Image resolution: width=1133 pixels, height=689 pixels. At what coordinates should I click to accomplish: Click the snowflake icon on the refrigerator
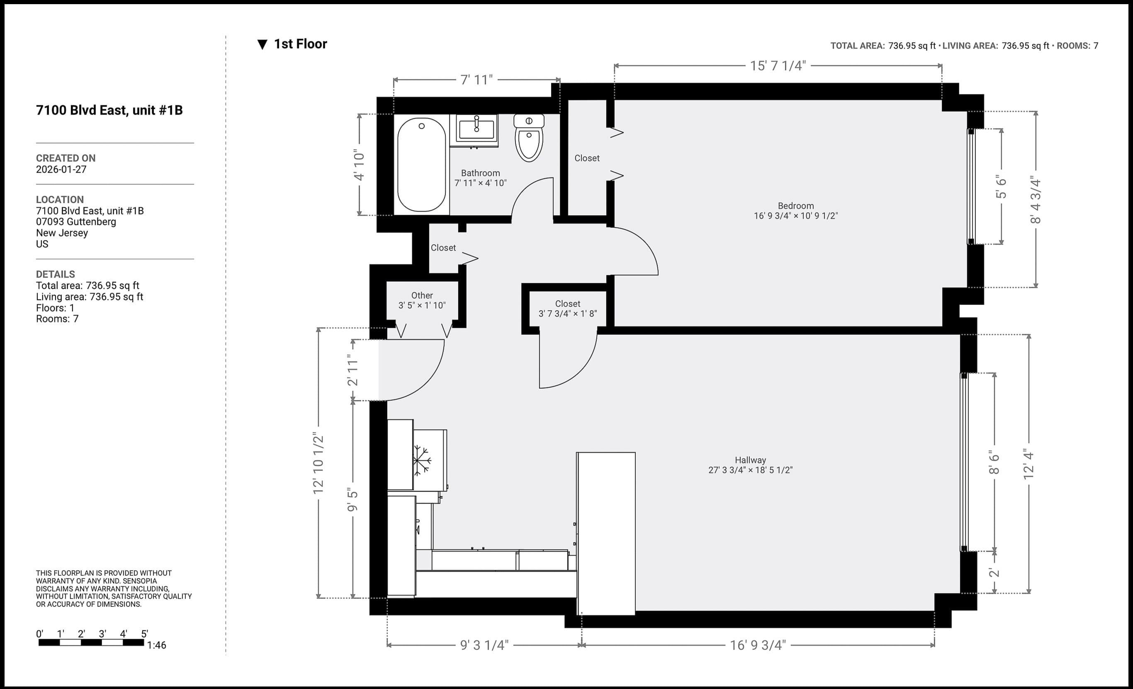click(x=421, y=460)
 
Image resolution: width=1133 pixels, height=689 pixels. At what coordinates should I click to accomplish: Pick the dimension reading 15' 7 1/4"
click(x=778, y=66)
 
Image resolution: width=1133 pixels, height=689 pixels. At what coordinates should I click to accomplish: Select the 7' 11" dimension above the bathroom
click(x=477, y=80)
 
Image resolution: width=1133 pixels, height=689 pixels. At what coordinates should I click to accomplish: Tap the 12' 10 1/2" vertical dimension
click(x=318, y=463)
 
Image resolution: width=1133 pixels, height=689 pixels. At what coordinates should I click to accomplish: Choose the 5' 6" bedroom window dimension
click(x=1001, y=187)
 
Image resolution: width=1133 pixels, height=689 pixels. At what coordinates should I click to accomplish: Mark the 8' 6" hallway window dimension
click(x=994, y=462)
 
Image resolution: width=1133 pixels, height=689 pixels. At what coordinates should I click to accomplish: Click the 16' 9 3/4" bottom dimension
click(x=758, y=645)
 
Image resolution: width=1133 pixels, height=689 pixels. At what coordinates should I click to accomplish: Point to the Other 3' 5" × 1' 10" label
click(x=422, y=300)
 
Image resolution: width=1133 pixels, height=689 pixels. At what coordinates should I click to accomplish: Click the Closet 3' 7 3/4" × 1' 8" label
click(x=567, y=309)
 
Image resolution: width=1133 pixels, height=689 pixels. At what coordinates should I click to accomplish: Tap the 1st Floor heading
click(x=300, y=44)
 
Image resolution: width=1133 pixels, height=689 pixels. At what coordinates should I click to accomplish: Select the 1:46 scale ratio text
click(x=156, y=645)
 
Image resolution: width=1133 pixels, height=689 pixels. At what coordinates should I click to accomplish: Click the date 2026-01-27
click(x=61, y=169)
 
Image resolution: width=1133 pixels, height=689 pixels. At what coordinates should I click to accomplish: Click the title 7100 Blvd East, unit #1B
click(x=109, y=110)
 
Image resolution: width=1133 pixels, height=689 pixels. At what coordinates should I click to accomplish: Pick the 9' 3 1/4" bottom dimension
click(x=484, y=645)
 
